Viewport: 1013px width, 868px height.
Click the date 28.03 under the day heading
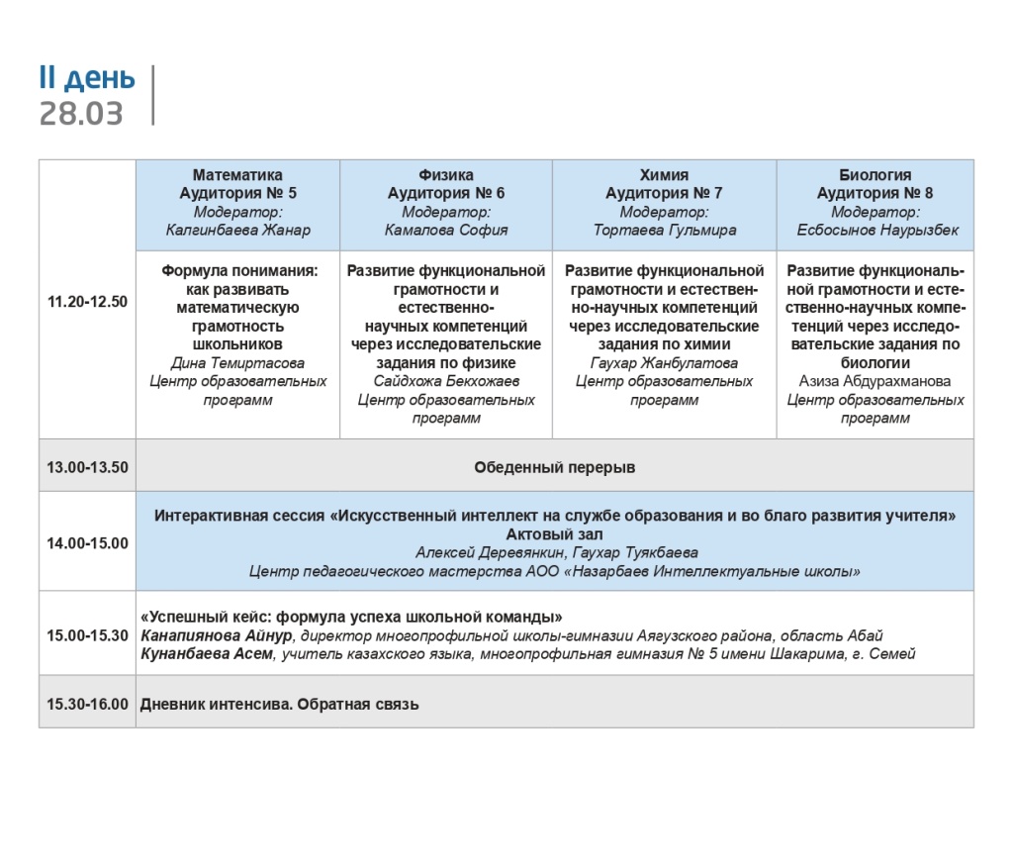click(x=81, y=114)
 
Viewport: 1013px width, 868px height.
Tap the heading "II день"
click(x=87, y=78)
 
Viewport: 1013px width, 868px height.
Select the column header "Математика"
click(x=237, y=175)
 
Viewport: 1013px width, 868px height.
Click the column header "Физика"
click(x=446, y=175)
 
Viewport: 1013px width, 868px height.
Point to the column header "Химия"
click(x=664, y=175)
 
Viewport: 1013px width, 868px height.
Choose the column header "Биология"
click(x=875, y=175)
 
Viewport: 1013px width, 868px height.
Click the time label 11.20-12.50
click(x=87, y=302)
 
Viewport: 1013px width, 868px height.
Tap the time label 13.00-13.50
click(x=87, y=467)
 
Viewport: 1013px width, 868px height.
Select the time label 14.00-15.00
click(x=87, y=542)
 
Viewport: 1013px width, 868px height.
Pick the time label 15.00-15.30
click(x=87, y=635)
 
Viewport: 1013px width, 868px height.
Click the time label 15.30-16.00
click(x=87, y=705)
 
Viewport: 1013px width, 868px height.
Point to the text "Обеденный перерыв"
click(x=554, y=467)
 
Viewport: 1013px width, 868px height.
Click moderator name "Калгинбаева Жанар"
click(x=237, y=231)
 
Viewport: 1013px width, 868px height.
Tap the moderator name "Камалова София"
click(x=446, y=231)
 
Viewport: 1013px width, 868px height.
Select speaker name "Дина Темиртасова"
click(x=237, y=363)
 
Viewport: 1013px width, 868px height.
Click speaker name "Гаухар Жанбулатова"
click(x=664, y=363)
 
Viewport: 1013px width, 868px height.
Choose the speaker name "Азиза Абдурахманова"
click(x=875, y=381)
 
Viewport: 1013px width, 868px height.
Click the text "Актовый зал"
click(x=554, y=533)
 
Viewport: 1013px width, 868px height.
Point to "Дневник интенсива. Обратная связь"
click(x=280, y=705)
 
